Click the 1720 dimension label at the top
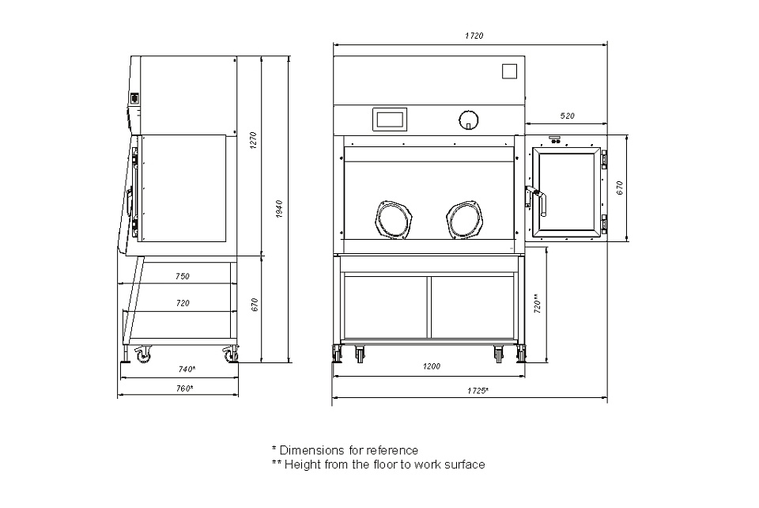(x=474, y=36)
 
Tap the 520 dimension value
(x=567, y=116)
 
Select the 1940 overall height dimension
(x=279, y=209)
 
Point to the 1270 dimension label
(x=253, y=140)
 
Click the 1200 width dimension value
(x=432, y=366)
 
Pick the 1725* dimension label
(x=478, y=391)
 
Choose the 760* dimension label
(x=184, y=389)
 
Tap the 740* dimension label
(x=187, y=369)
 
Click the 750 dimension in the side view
(x=183, y=276)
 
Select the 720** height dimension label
(x=537, y=304)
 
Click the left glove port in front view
(x=393, y=220)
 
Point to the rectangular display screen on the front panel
(x=390, y=119)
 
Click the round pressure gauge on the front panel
(x=468, y=119)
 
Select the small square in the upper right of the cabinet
(x=509, y=71)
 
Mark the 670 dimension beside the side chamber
(x=619, y=188)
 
